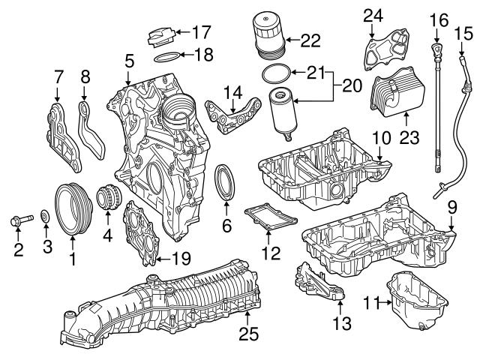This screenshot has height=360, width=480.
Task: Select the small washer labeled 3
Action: click(x=45, y=218)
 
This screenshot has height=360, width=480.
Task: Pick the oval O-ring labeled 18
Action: click(x=169, y=55)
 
